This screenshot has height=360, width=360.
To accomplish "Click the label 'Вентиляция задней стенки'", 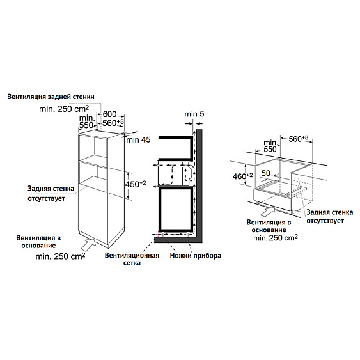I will pos(51,97).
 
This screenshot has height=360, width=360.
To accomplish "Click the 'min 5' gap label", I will pos(194,114).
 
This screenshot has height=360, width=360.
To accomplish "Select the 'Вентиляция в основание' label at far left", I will pos(38,241).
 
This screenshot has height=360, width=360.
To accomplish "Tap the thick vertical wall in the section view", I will pos(199,185).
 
